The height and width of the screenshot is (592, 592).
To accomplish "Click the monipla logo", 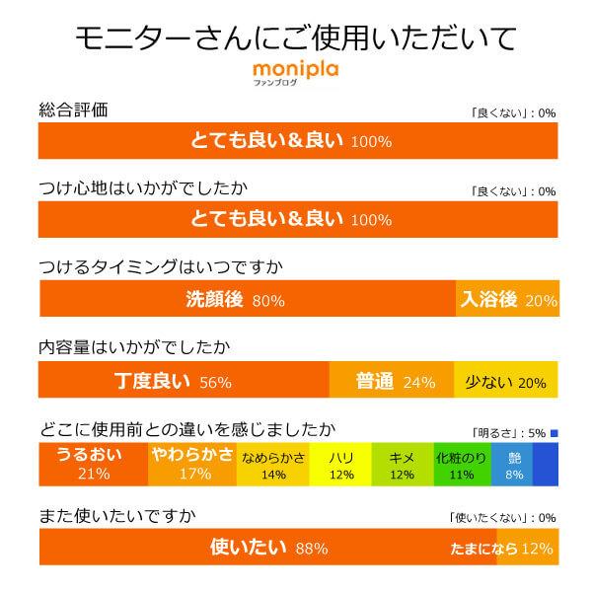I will tap(295, 73).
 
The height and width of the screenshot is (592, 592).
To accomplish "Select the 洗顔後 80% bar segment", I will tap(247, 300).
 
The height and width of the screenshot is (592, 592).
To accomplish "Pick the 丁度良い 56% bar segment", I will tap(183, 381).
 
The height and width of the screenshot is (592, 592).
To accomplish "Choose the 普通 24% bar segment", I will tap(392, 381).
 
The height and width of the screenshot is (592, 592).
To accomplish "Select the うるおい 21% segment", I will tap(93, 464).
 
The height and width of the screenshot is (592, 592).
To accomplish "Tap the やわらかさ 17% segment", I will tap(193, 464).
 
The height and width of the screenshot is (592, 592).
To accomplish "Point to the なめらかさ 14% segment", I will tap(273, 464).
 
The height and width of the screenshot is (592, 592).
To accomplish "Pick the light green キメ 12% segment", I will tap(402, 464).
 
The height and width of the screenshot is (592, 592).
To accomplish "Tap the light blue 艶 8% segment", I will tap(513, 464).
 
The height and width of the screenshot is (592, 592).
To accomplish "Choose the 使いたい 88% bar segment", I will tap(266, 548).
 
